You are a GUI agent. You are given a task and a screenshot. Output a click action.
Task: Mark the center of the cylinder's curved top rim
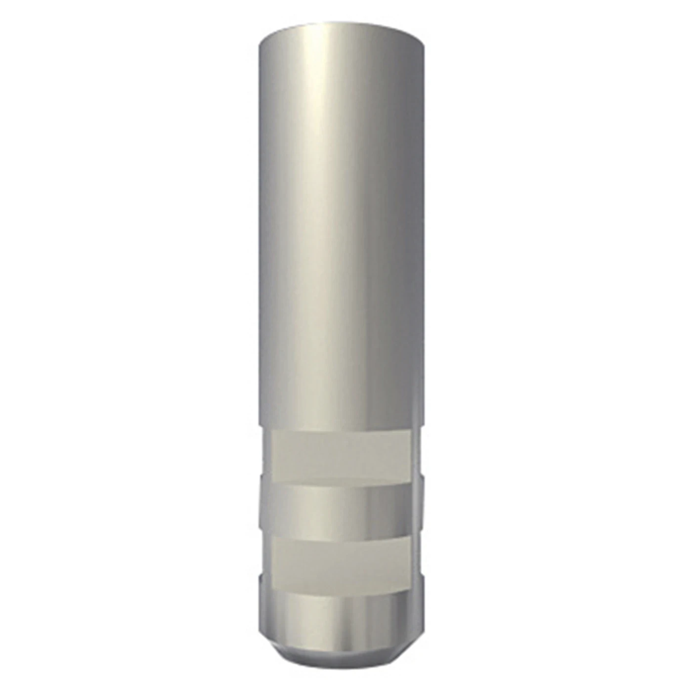click(x=341, y=23)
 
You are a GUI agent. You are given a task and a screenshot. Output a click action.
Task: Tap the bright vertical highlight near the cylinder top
click(x=321, y=99)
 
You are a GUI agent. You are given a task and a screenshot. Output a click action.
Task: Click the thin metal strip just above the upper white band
click(x=341, y=428)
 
